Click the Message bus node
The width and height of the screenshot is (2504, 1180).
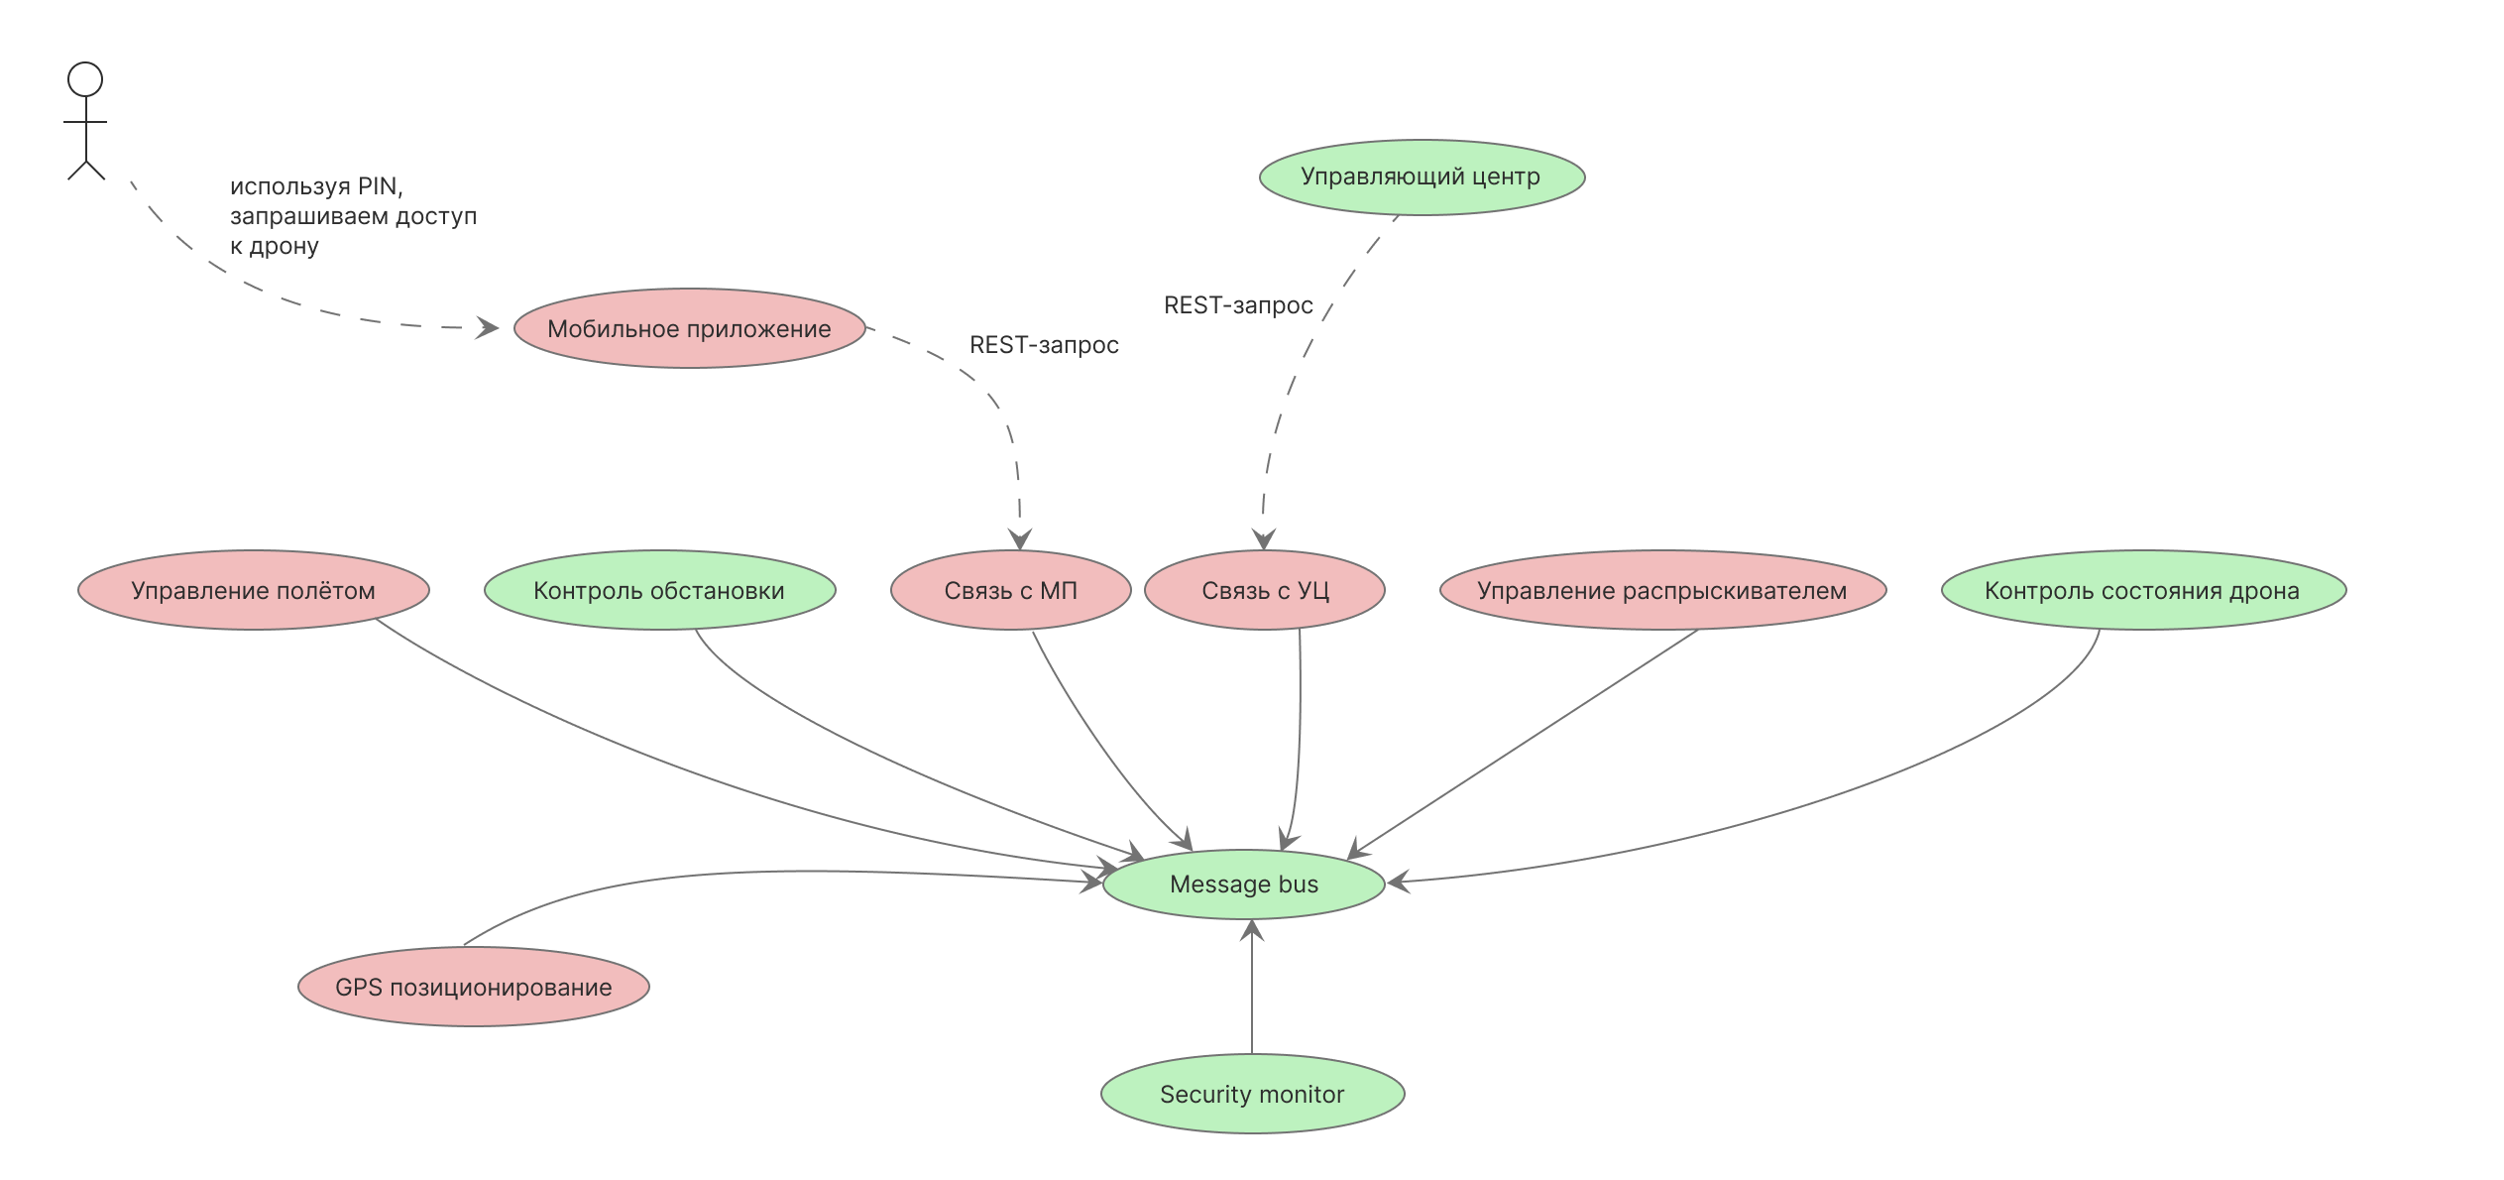pos(1243,884)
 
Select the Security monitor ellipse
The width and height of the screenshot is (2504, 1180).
pos(1252,1094)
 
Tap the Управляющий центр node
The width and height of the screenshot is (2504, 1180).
pos(1422,177)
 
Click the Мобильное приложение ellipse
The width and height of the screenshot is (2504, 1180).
pos(689,328)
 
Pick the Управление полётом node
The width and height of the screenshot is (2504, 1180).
pos(254,590)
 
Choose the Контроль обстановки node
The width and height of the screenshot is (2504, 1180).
pos(659,590)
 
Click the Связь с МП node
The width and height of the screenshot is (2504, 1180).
pos(1010,590)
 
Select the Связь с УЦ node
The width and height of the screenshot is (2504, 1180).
pos(1265,590)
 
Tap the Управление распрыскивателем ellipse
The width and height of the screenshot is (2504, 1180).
pos(1662,590)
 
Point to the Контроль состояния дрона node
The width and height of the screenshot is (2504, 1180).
pos(2142,590)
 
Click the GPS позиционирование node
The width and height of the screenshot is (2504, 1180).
pos(474,987)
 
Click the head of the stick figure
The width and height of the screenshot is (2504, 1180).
pos(85,79)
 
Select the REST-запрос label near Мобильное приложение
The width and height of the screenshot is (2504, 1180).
pos(1044,345)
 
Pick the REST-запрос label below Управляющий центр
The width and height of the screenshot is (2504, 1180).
pos(1238,305)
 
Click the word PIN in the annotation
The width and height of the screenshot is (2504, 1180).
pos(378,186)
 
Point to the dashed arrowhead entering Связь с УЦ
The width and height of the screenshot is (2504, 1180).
pos(1263,539)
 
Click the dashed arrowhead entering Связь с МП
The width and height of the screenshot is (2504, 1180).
pos(1020,539)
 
